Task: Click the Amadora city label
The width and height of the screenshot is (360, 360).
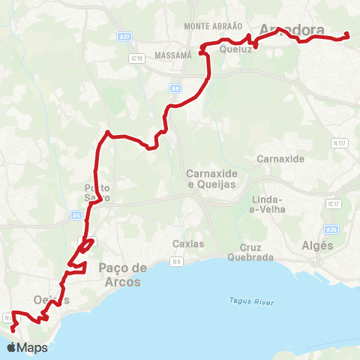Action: click(292, 31)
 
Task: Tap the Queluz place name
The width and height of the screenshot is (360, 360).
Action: click(235, 49)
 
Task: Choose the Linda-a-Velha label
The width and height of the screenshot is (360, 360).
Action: click(266, 204)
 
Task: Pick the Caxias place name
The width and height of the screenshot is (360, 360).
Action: click(188, 244)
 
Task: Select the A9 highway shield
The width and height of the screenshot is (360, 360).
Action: click(175, 88)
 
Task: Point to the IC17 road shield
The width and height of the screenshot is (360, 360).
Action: click(333, 203)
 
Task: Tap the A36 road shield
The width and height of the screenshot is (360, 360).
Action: click(332, 229)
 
